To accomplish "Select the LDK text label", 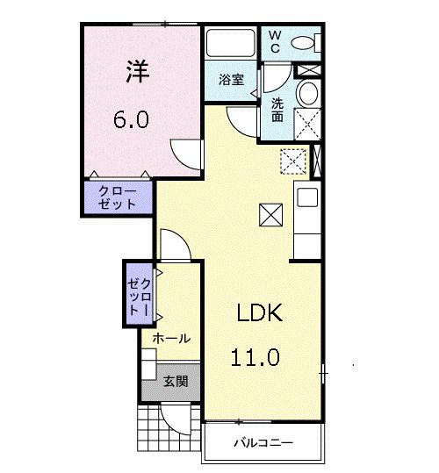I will click(257, 314).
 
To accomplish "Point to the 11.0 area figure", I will click(255, 357).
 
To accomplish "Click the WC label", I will click(275, 40).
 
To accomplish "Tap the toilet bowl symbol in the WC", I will click(303, 42).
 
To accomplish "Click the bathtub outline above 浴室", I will click(231, 44).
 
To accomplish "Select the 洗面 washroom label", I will click(276, 109).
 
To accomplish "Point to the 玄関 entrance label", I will click(175, 382).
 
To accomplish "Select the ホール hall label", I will click(172, 338).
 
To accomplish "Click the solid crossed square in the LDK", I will click(269, 213).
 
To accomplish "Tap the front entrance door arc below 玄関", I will click(179, 420).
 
